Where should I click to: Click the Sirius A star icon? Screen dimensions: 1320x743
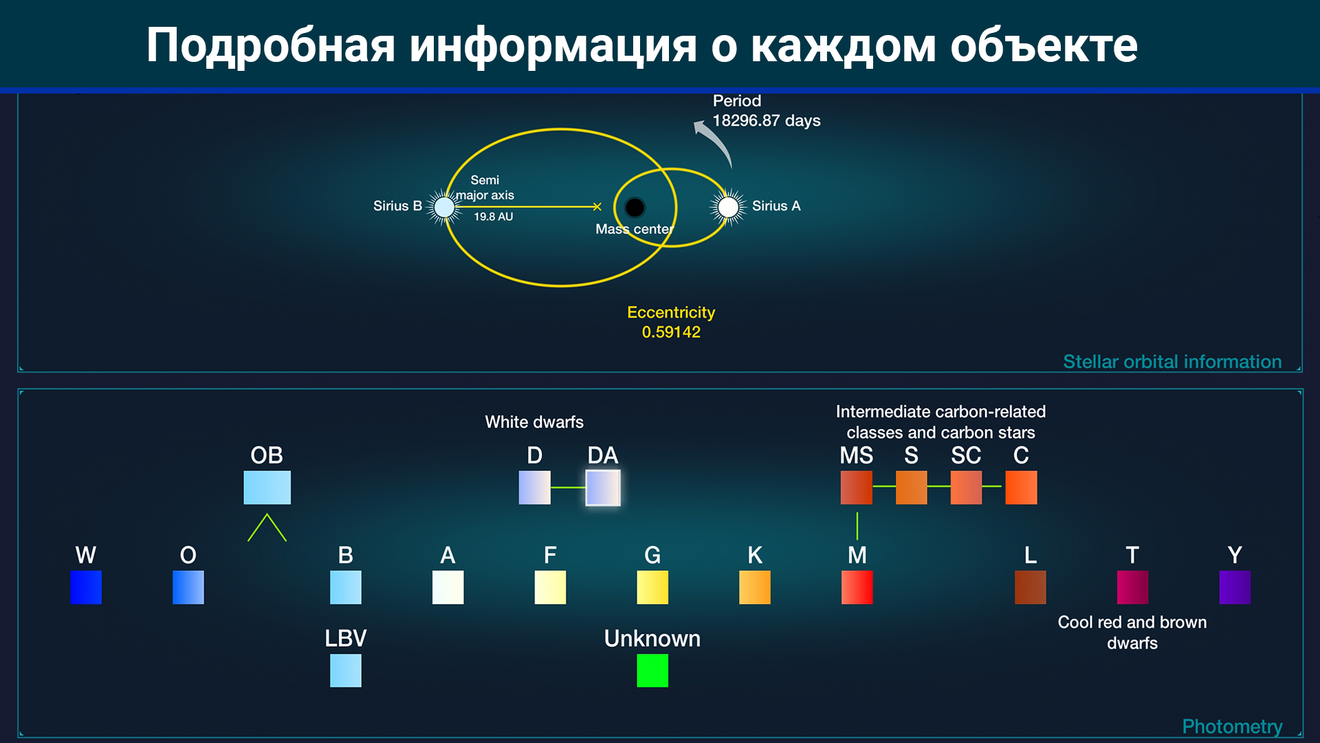click(x=728, y=206)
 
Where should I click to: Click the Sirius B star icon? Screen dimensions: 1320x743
click(x=445, y=206)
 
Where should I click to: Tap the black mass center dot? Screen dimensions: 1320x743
click(x=635, y=207)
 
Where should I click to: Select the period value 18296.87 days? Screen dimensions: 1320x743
click(x=767, y=121)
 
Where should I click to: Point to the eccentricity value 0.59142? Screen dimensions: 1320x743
click(x=671, y=332)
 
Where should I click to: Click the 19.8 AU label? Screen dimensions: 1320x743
click(x=494, y=217)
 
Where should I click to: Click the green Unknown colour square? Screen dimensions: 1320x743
click(x=652, y=671)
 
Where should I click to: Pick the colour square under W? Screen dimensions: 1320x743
click(x=86, y=588)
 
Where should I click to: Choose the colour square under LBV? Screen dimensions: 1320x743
click(x=346, y=671)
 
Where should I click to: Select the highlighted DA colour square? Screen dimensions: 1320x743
click(x=603, y=488)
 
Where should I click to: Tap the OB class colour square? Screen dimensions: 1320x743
click(x=267, y=488)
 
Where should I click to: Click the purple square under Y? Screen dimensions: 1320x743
click(x=1235, y=588)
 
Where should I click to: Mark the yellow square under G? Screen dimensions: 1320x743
click(x=652, y=588)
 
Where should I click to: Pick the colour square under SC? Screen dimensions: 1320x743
click(x=966, y=488)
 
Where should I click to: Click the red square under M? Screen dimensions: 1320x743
click(x=857, y=588)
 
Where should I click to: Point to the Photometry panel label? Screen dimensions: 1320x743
click(x=1232, y=726)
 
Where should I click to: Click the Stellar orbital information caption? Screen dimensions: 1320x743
click(x=1172, y=362)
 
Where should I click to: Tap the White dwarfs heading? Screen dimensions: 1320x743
click(x=534, y=422)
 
